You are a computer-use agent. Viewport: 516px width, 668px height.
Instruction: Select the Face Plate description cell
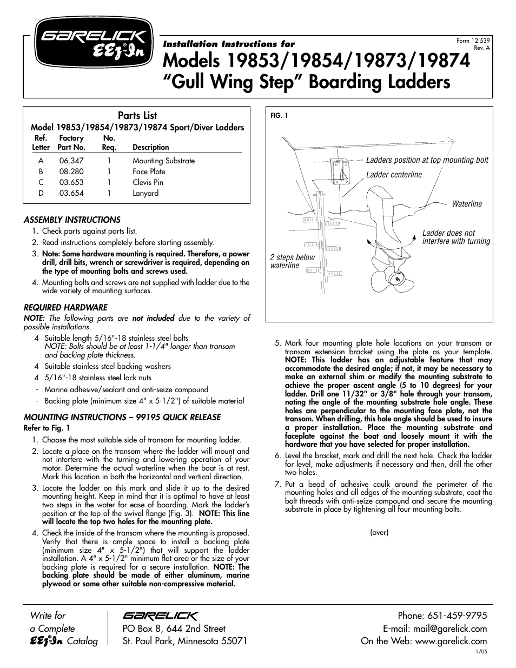coord(149,171)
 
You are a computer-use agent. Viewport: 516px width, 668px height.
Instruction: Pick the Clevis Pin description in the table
coord(148,182)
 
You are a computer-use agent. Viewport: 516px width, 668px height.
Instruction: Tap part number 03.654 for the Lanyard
coord(71,193)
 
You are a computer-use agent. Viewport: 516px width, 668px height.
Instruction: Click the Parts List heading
coord(137,115)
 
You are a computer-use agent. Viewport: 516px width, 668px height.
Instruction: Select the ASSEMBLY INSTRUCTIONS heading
coord(72,220)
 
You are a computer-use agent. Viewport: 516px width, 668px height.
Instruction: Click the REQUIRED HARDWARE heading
coord(65,307)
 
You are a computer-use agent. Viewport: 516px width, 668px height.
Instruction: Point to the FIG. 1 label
coord(279,115)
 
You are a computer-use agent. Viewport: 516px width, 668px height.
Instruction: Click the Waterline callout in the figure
coord(466,204)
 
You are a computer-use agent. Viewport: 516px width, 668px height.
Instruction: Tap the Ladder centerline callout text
coord(394,175)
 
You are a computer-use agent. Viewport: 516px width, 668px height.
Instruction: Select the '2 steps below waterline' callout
coord(292,261)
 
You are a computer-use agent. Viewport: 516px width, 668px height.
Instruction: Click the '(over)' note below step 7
coord(379,532)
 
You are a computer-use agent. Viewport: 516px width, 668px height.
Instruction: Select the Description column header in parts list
coord(150,147)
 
